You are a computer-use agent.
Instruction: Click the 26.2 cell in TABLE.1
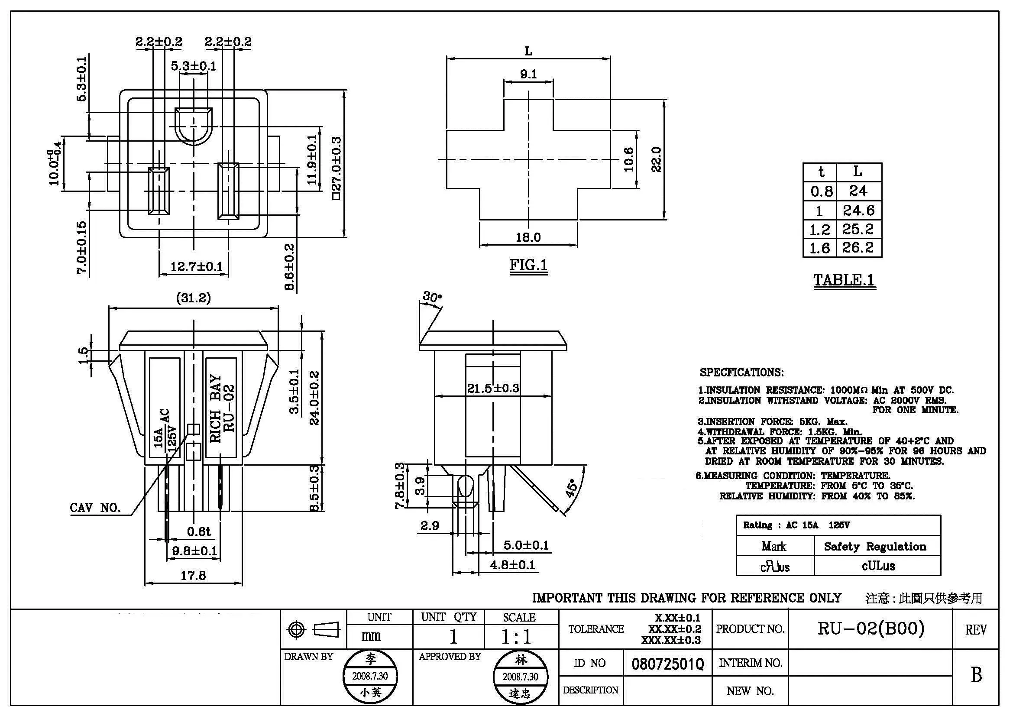858,248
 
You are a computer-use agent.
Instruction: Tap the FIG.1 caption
528,265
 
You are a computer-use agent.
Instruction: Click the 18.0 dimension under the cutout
528,238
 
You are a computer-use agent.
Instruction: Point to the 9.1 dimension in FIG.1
528,74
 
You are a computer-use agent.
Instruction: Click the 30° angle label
431,297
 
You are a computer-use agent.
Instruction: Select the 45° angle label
571,488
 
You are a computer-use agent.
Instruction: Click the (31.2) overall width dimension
193,298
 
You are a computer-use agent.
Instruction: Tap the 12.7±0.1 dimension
196,267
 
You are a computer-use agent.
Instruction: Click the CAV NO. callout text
95,508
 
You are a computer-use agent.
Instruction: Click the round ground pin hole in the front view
193,126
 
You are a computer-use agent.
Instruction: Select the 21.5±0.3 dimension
493,389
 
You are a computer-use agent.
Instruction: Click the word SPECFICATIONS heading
741,373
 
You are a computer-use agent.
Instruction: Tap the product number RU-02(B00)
871,628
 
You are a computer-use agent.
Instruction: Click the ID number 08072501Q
667,664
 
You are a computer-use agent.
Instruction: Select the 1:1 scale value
516,637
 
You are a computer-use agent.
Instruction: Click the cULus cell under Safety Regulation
878,566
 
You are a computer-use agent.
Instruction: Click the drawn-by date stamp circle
370,676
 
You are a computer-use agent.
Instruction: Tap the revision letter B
976,674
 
